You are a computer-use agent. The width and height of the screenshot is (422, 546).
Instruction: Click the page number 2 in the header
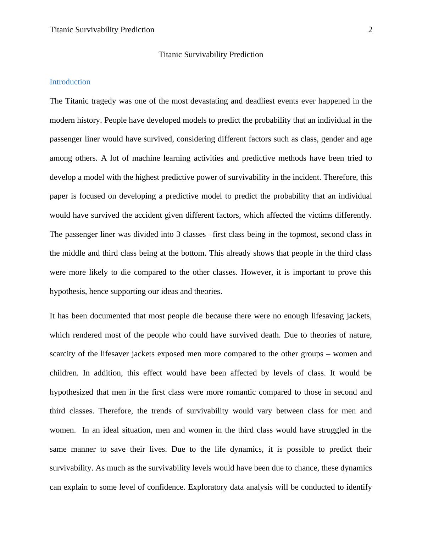tap(370, 30)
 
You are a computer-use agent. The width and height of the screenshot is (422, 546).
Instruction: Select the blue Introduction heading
tap(70, 82)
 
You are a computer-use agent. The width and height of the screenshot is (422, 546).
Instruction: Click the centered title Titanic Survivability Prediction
tap(211, 55)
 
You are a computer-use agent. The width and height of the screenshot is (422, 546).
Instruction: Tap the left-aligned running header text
tap(102, 30)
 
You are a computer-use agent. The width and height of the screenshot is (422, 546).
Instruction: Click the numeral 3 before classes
tap(178, 234)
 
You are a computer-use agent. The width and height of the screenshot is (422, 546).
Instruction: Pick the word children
tap(64, 373)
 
